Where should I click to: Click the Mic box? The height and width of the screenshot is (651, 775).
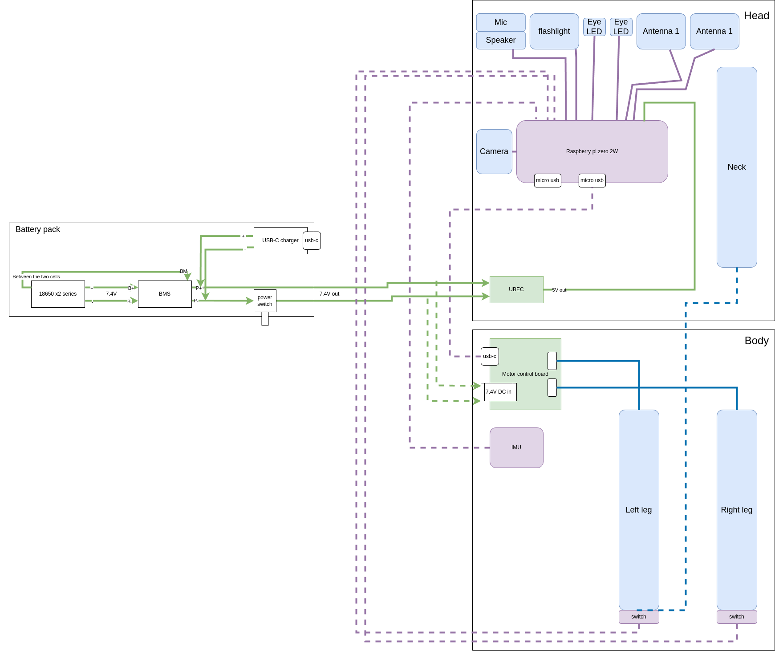[x=500, y=22]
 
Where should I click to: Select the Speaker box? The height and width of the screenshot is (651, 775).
[x=500, y=40]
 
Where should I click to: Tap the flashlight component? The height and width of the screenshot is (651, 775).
[x=554, y=31]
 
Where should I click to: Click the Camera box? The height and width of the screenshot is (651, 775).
[x=494, y=151]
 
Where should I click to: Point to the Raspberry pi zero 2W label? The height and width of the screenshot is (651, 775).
[x=592, y=151]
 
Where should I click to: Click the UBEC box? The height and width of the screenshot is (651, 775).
[x=516, y=289]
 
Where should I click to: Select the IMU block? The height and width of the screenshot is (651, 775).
[x=516, y=448]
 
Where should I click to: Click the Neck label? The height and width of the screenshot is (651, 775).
[x=736, y=167]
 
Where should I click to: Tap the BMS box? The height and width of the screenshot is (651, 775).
[x=164, y=294]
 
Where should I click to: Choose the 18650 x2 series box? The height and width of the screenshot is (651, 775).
[x=57, y=294]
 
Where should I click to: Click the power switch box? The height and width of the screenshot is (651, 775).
[x=264, y=301]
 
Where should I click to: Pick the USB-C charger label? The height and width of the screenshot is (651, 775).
[x=280, y=240]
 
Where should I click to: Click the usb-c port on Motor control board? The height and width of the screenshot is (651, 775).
[x=489, y=356]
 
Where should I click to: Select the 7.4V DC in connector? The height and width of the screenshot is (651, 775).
[x=498, y=392]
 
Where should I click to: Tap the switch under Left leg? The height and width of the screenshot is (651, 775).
[x=638, y=617]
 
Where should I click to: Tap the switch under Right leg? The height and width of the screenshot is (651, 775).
[x=736, y=617]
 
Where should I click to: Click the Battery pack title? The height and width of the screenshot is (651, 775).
[x=37, y=229]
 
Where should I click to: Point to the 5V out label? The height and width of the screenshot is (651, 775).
[x=559, y=290]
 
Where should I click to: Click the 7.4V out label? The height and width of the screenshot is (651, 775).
[x=329, y=294]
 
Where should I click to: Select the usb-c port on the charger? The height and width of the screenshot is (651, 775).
[x=311, y=240]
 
